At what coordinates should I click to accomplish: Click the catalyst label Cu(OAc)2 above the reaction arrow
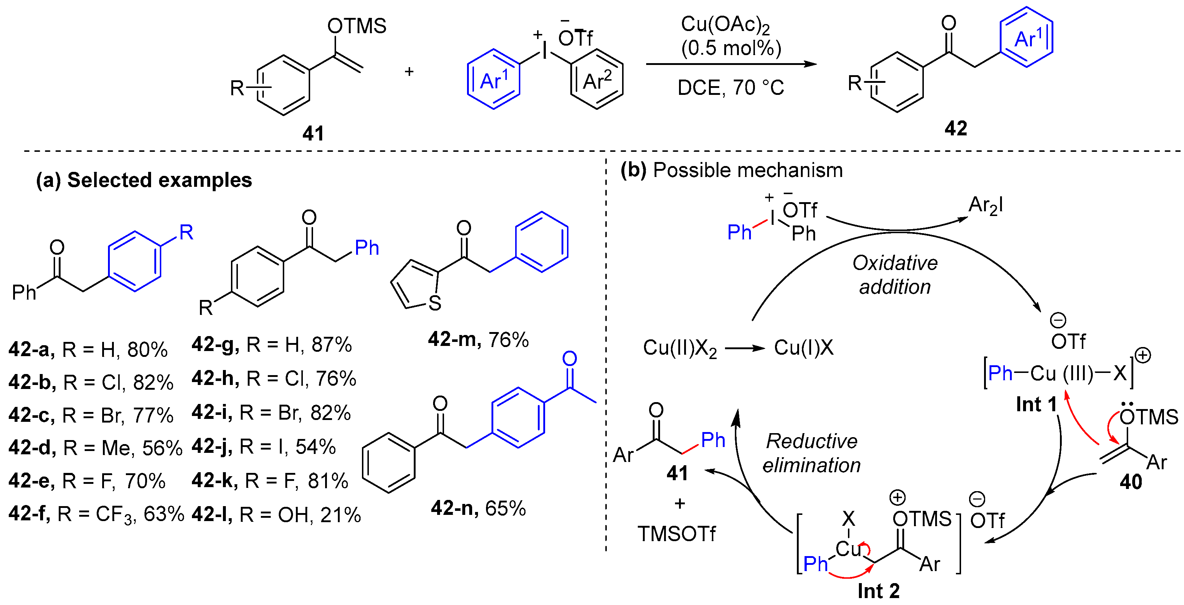[x=725, y=25]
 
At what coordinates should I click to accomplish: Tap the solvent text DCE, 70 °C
[x=730, y=87]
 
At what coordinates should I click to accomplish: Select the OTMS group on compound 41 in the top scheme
[x=357, y=26]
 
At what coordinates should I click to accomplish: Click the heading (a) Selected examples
[x=144, y=180]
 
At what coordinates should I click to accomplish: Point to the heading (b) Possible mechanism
[x=731, y=170]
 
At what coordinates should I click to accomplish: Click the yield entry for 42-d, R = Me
[x=96, y=447]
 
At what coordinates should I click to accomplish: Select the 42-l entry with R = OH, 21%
[x=276, y=515]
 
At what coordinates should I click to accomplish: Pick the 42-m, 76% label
[x=478, y=339]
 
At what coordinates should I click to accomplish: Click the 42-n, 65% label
[x=478, y=508]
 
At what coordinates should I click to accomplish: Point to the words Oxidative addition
[x=894, y=275]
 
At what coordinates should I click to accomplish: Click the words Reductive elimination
[x=811, y=453]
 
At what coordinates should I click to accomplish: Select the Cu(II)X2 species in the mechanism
[x=679, y=348]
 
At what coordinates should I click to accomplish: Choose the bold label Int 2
[x=878, y=591]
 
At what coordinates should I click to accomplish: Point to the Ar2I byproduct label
[x=986, y=205]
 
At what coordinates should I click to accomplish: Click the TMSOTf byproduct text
[x=676, y=534]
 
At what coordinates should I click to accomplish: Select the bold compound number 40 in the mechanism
[x=1131, y=482]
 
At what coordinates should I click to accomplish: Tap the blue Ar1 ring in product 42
[x=1026, y=38]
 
